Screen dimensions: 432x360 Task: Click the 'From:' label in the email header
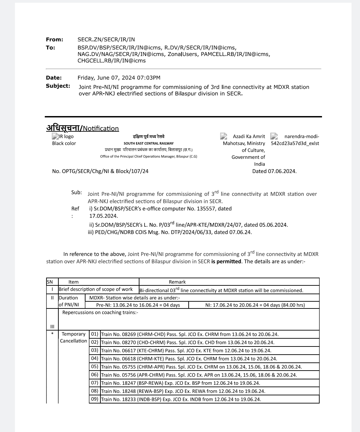(x=55, y=40)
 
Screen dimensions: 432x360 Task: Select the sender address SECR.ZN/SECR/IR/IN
(x=106, y=40)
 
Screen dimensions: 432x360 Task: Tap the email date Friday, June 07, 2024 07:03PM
(x=119, y=78)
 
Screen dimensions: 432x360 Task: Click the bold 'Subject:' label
(x=58, y=86)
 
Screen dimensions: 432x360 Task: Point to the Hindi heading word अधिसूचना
(x=63, y=128)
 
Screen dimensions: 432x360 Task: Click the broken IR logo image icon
(x=55, y=136)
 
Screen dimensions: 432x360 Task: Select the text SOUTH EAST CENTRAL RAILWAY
(x=149, y=143)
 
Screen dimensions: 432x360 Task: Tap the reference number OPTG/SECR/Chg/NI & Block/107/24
(x=105, y=171)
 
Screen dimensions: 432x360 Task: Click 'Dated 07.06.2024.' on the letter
(x=274, y=171)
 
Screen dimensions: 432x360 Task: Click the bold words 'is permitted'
(x=226, y=261)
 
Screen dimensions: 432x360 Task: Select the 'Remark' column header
(x=177, y=282)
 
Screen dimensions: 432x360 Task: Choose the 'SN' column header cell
(x=50, y=282)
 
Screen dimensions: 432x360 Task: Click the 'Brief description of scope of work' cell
(x=96, y=289)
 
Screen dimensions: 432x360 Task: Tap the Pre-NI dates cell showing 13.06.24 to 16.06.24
(x=138, y=305)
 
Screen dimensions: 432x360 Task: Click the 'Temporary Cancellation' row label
(x=74, y=337)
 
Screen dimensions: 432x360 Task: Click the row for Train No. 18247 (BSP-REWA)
(x=181, y=383)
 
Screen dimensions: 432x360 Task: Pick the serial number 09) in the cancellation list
(x=95, y=399)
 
